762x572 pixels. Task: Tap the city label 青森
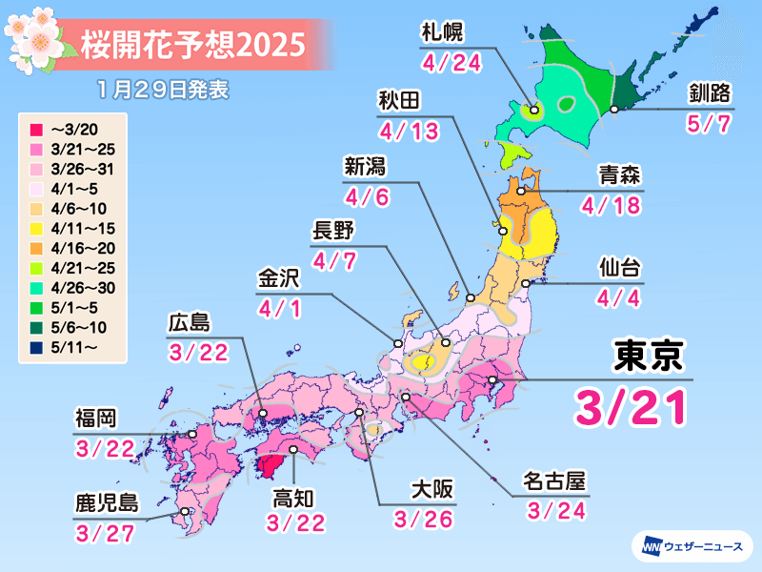click(x=619, y=175)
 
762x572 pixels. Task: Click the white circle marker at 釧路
click(x=614, y=111)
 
